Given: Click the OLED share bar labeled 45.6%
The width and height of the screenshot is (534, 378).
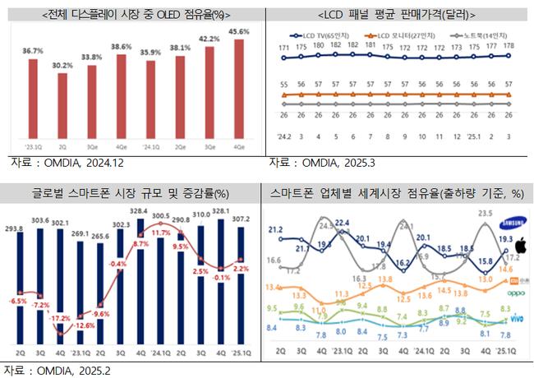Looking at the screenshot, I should (x=238, y=91).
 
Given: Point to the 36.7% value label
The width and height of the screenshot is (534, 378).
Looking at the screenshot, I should (x=32, y=50).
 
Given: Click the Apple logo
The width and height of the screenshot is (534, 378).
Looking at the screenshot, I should (x=519, y=245).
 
